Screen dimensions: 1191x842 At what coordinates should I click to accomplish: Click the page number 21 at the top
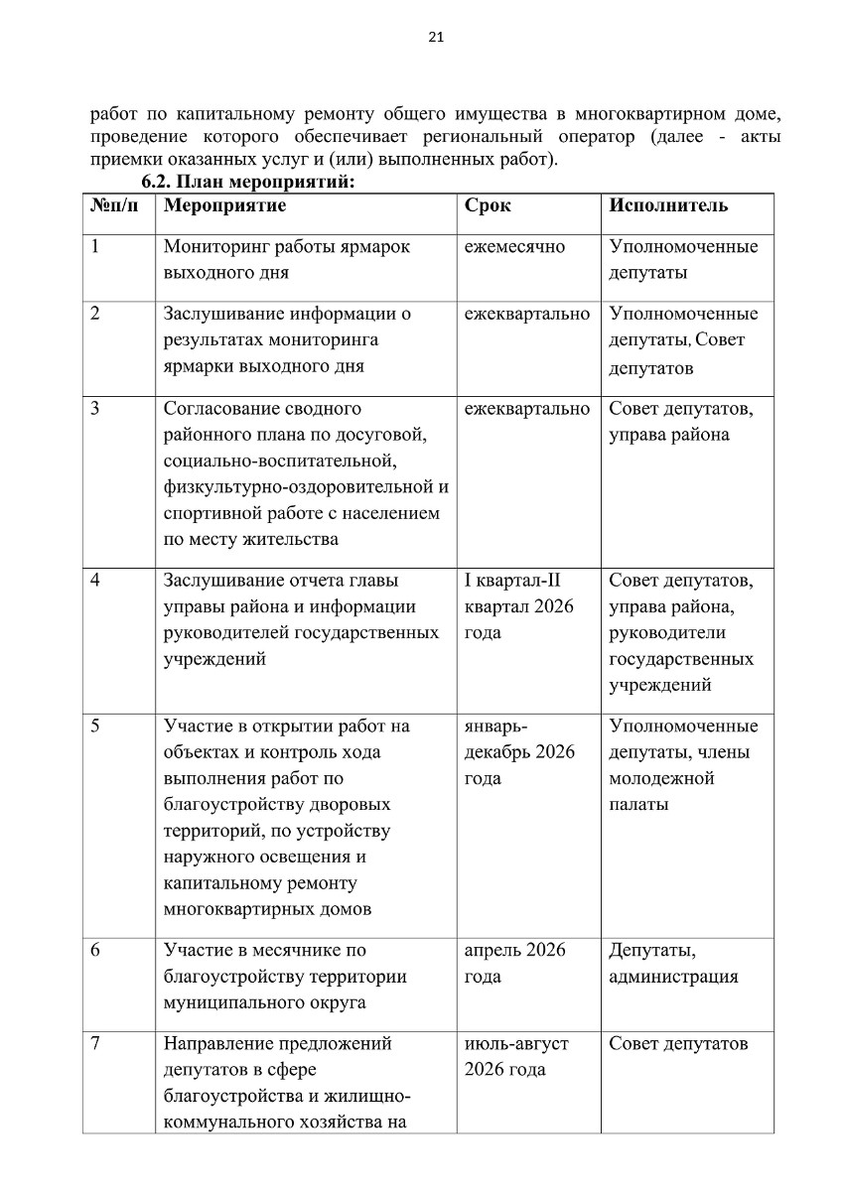[x=435, y=38]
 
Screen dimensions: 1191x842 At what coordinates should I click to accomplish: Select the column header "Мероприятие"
[x=224, y=206]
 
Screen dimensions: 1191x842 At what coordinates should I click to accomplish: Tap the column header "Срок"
[x=488, y=206]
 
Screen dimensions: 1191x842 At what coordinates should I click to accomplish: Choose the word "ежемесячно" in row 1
[x=514, y=246]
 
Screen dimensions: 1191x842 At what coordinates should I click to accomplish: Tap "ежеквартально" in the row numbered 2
[x=526, y=315]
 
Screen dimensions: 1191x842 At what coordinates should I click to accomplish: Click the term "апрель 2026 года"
[x=514, y=963]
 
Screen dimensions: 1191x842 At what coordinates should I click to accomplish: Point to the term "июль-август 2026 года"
[x=515, y=1057]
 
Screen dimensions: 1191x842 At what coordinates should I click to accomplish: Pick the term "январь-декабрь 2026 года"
[x=519, y=752]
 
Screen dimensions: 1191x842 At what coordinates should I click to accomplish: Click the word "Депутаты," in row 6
[x=645, y=950]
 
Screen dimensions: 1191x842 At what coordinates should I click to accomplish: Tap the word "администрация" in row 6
[x=672, y=977]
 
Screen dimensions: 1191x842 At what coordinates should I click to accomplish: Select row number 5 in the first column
[x=94, y=726]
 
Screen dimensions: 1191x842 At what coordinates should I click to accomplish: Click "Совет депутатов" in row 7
[x=677, y=1044]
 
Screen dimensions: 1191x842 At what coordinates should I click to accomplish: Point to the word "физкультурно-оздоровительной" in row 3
[x=297, y=487]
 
